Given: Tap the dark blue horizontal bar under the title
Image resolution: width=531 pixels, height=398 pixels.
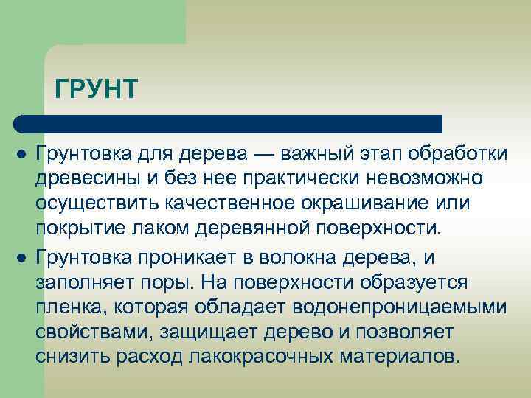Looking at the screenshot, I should point(229,124).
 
